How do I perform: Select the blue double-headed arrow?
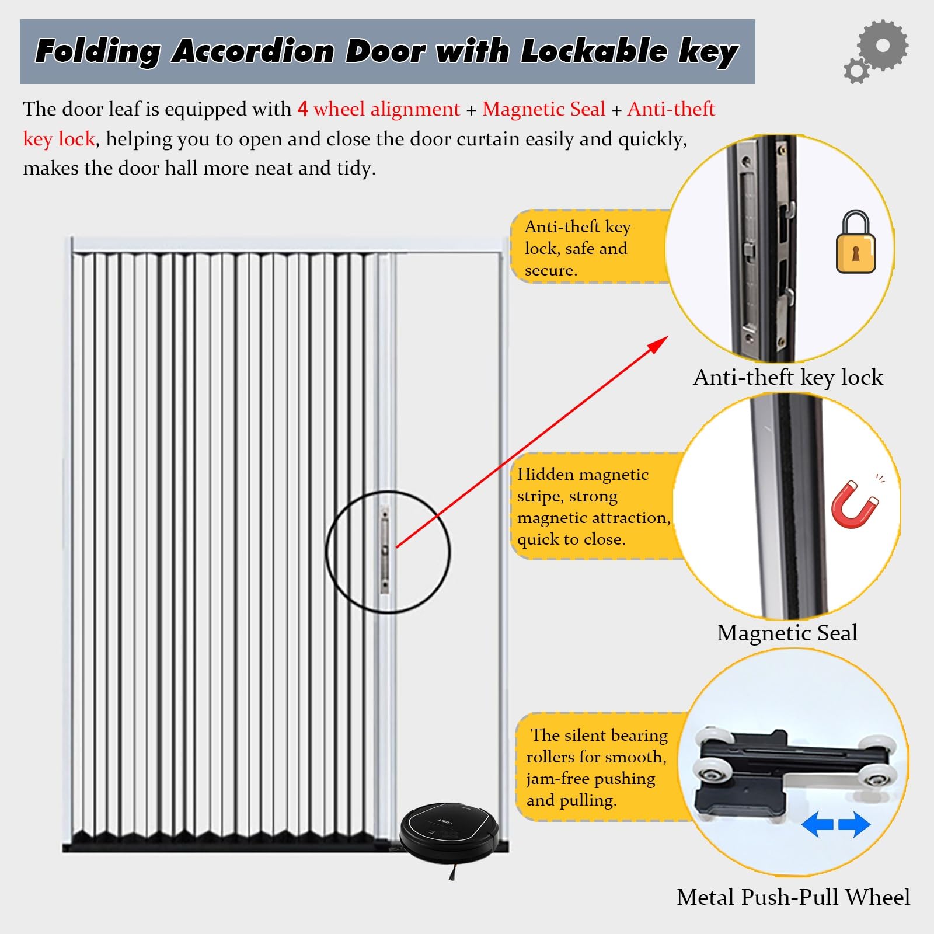[x=835, y=824]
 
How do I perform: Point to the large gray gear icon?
[x=883, y=46]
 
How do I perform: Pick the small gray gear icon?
[x=856, y=71]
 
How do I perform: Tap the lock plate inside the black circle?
[x=385, y=550]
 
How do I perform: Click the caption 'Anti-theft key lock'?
[x=787, y=377]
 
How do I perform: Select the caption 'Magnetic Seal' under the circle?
[x=787, y=633]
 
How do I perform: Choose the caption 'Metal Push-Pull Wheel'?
[x=793, y=897]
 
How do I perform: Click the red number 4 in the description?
[x=302, y=109]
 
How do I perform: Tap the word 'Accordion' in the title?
[x=252, y=51]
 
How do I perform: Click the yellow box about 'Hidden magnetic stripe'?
[x=593, y=506]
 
